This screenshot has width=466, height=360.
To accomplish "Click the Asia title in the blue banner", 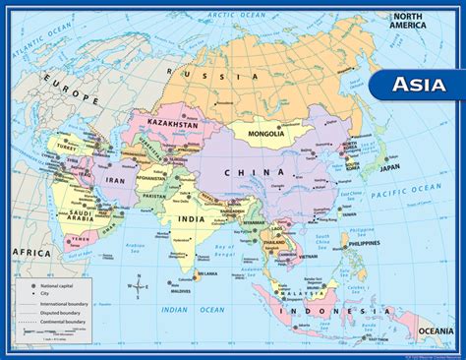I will click(418, 85).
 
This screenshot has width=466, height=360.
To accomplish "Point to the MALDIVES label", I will click(176, 290).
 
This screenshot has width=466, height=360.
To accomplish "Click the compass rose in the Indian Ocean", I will click(139, 287).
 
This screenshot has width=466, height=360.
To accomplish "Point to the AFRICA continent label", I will click(30, 253).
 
